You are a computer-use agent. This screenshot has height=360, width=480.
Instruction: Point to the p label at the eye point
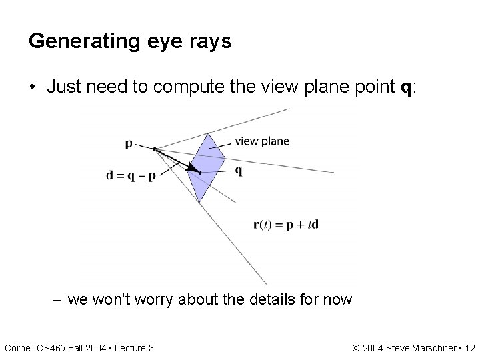click(x=128, y=143)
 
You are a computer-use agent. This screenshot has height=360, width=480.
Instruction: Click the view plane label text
click(x=262, y=141)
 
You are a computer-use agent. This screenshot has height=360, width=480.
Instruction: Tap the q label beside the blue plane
click(x=239, y=170)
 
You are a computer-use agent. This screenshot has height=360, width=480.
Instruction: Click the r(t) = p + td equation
click(x=286, y=224)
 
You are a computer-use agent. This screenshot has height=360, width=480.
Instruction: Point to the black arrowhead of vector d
click(x=194, y=169)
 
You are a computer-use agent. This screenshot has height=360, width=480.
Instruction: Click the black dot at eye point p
click(x=154, y=149)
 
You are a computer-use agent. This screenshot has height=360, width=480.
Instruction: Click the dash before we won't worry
click(x=57, y=299)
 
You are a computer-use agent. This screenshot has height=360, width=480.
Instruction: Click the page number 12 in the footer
click(x=469, y=347)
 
